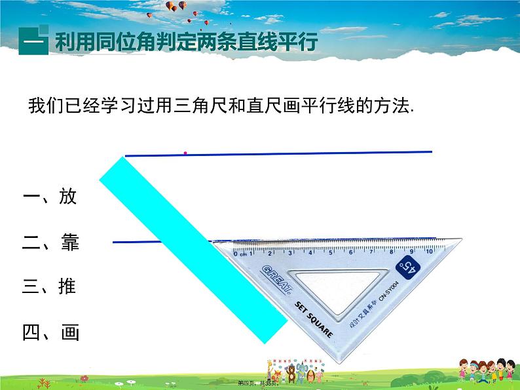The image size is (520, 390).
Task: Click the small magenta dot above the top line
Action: pos(185,153)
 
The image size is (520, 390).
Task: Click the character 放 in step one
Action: pos(68,197)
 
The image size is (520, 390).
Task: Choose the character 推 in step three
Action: pos(67,286)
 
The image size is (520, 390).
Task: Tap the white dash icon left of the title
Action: pos(31,43)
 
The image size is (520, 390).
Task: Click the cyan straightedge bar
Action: pos(196,249)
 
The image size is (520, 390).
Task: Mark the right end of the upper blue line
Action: pos(432,152)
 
